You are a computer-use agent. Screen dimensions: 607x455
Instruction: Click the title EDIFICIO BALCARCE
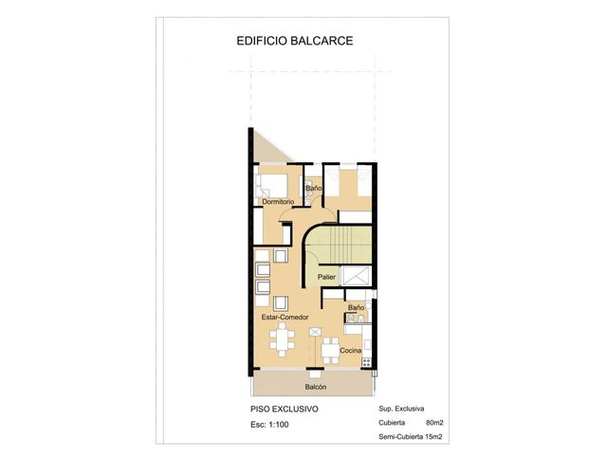(x=295, y=41)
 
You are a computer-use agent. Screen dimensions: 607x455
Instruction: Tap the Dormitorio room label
(x=278, y=202)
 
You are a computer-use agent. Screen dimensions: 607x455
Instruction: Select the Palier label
(x=326, y=277)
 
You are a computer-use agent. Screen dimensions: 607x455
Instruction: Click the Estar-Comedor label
(x=285, y=317)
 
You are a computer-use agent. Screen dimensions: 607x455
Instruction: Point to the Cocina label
(x=350, y=351)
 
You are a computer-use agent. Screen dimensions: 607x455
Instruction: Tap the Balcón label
(x=316, y=387)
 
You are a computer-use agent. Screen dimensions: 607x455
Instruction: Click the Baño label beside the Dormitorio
(x=314, y=188)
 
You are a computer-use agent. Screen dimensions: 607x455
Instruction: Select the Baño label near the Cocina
(x=356, y=307)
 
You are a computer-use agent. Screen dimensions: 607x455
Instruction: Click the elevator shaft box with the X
(x=356, y=276)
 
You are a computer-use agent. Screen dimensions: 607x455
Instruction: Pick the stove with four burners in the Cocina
(x=366, y=362)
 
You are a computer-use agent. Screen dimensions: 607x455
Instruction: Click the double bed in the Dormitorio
(x=272, y=186)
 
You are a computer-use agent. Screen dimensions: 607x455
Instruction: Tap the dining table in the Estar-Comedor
(x=283, y=339)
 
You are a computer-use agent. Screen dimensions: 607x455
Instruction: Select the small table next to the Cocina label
(x=330, y=351)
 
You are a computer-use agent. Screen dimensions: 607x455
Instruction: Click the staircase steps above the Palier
(x=340, y=245)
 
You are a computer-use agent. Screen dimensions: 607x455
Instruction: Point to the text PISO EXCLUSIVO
(x=285, y=409)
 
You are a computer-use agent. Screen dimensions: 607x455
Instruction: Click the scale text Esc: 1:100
(x=269, y=425)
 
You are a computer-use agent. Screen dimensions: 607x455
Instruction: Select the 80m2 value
(x=434, y=423)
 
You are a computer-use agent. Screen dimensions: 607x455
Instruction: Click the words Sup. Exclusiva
(x=401, y=409)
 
